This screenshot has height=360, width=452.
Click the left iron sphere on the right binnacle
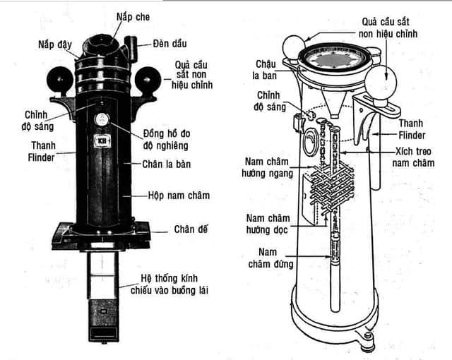(x=292, y=49)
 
